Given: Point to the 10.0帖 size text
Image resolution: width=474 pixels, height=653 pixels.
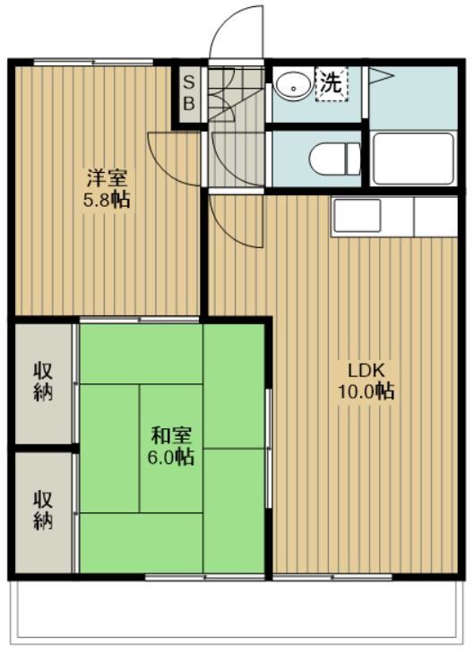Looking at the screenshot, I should [x=366, y=391].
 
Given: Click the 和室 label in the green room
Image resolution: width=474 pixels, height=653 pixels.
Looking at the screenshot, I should [x=171, y=436].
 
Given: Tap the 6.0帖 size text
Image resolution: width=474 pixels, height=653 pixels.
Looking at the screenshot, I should [x=171, y=457].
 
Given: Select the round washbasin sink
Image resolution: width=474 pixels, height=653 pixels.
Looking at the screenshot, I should [x=291, y=86].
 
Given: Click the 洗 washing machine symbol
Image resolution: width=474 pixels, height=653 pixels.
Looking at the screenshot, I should [x=332, y=85].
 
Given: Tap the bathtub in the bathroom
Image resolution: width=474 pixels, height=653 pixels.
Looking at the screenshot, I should [x=413, y=159].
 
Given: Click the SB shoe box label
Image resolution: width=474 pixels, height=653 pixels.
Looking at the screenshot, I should [x=189, y=93].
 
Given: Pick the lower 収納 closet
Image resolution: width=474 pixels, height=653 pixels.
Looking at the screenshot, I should [x=43, y=511].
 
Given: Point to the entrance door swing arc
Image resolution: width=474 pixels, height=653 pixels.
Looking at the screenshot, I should [x=235, y=31].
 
